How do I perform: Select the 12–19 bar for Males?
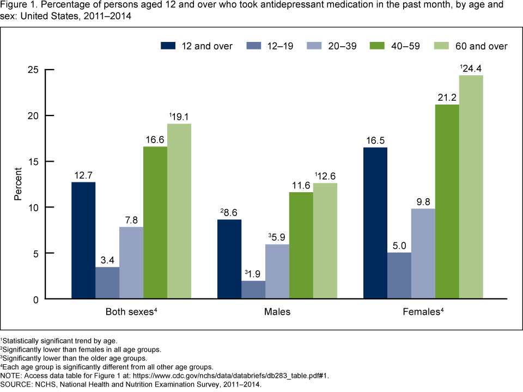point(253,290)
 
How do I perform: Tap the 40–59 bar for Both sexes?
point(155,223)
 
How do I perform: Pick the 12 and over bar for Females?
point(375,223)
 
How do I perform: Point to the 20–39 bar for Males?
point(277,271)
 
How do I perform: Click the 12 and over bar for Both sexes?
point(83,240)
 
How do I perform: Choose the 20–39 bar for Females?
point(423,254)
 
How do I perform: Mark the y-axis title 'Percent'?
point(18,185)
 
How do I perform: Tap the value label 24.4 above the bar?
point(472,68)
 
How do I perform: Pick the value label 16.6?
point(155,140)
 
